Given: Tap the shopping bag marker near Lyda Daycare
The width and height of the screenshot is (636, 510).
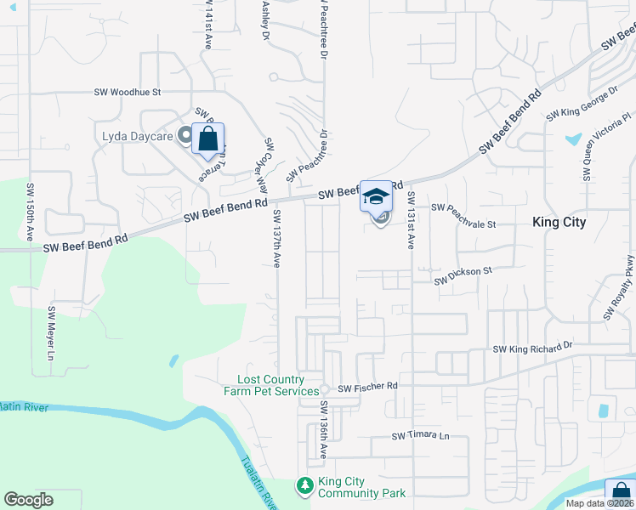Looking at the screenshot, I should (x=208, y=139).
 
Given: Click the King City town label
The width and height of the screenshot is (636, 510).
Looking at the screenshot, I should (x=559, y=222).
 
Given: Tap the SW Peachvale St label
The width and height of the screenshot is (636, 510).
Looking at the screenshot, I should (x=463, y=207).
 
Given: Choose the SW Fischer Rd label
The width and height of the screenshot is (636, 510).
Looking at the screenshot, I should (x=367, y=388).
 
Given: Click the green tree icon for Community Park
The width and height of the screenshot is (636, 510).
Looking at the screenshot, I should (x=304, y=485).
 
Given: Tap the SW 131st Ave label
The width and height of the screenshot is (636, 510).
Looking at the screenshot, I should (x=411, y=219).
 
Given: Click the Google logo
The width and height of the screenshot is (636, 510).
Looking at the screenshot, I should (x=28, y=500).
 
